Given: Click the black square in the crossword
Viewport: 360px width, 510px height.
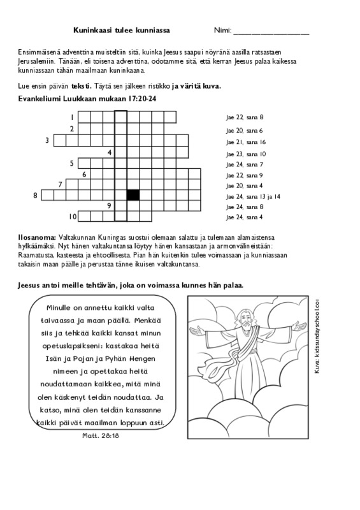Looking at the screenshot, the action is (133, 195).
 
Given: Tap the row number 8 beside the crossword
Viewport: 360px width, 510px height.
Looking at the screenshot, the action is (35, 196).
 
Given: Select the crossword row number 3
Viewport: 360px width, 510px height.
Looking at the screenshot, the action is (47, 140).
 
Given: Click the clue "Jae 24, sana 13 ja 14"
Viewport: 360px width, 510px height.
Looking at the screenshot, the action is (253, 196).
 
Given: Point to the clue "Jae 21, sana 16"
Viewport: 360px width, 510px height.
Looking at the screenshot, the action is (246, 142).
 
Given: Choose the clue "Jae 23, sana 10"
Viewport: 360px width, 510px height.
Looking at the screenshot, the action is (246, 154).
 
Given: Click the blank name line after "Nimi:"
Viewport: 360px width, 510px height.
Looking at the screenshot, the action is (271, 33).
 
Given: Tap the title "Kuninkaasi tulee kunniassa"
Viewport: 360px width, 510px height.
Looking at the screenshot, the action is (122, 30).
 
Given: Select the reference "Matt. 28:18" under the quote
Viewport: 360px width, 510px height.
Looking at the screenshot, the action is (101, 435).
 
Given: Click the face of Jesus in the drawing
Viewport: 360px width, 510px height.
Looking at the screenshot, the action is (245, 321).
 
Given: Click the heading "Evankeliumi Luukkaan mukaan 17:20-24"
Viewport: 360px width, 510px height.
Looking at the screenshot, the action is (87, 99).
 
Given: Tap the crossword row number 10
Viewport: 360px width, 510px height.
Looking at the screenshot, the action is (73, 216).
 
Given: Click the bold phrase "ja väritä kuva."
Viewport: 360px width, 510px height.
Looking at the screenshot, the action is (196, 87).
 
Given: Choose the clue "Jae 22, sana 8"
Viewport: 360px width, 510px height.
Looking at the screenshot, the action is (245, 117).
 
